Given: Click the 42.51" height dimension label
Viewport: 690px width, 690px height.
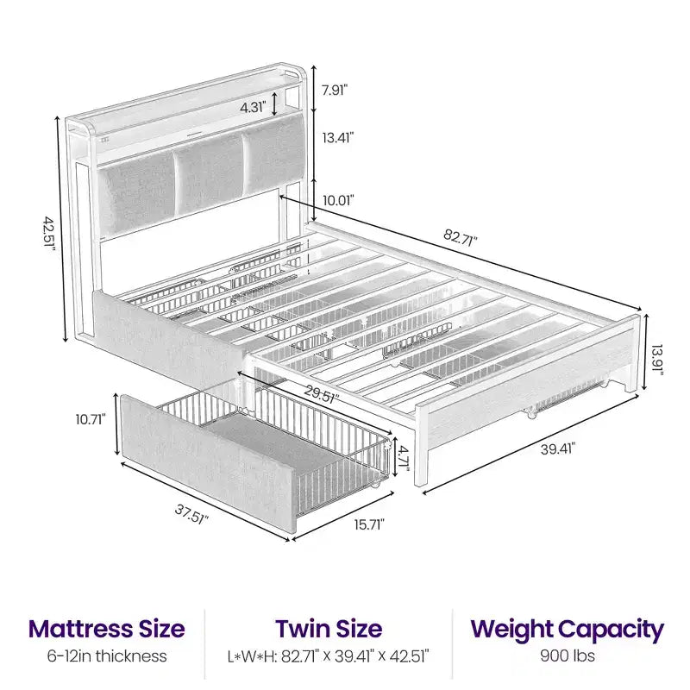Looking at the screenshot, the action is click(x=50, y=233).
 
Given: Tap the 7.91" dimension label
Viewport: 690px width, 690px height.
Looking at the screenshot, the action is click(x=335, y=91).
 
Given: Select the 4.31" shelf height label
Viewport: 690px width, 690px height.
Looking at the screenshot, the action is click(x=253, y=107).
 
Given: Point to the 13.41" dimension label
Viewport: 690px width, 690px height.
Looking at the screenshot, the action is click(x=338, y=138).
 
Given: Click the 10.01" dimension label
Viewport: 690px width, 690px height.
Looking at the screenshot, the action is click(x=338, y=201).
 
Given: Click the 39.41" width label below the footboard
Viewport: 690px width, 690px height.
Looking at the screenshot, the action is click(x=557, y=449).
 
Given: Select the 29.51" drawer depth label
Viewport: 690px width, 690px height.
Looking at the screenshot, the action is click(x=322, y=393).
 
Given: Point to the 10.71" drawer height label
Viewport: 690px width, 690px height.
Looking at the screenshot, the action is click(x=91, y=419).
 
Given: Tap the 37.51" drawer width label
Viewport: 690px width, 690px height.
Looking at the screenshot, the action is click(x=191, y=514).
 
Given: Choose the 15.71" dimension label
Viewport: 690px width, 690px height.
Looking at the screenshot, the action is click(x=370, y=524).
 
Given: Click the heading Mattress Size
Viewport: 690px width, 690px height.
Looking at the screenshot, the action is click(x=106, y=629).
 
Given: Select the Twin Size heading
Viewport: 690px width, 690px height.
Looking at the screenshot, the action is click(x=329, y=629).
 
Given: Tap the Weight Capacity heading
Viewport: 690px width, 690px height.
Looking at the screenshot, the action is click(x=568, y=630).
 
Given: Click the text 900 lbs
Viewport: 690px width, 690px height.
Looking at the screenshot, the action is click(x=568, y=655).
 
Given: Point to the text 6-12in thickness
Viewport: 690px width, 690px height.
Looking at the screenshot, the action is click(x=107, y=655).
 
